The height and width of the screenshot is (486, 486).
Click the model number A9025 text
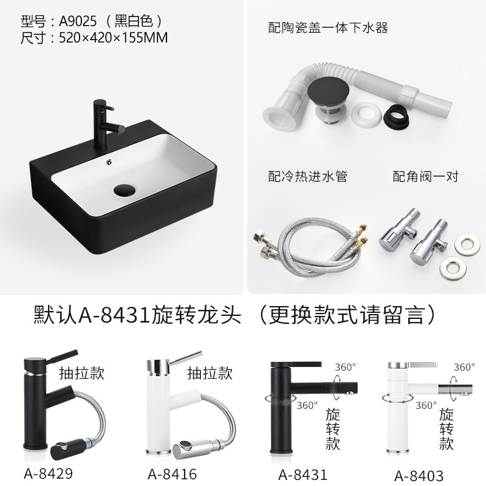[78, 21]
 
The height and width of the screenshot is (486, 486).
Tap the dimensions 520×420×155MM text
[114, 38]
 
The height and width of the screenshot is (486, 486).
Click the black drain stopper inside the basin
[125, 190]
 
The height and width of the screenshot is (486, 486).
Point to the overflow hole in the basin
[109, 162]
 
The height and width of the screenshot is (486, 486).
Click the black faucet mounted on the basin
[105, 125]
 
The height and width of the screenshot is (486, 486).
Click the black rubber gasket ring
[397, 117]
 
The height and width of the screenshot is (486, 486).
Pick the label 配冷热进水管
[307, 176]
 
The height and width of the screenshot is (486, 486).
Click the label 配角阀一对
[426, 176]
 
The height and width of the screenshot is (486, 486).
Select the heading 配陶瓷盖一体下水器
[328, 27]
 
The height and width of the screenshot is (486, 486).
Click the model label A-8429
[49, 473]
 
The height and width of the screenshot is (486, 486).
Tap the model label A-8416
[173, 474]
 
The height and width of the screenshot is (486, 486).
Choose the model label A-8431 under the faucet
[303, 474]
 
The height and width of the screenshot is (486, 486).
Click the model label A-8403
[419, 476]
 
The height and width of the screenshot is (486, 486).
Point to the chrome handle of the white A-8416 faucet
[186, 357]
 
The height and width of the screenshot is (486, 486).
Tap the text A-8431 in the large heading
[115, 315]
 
